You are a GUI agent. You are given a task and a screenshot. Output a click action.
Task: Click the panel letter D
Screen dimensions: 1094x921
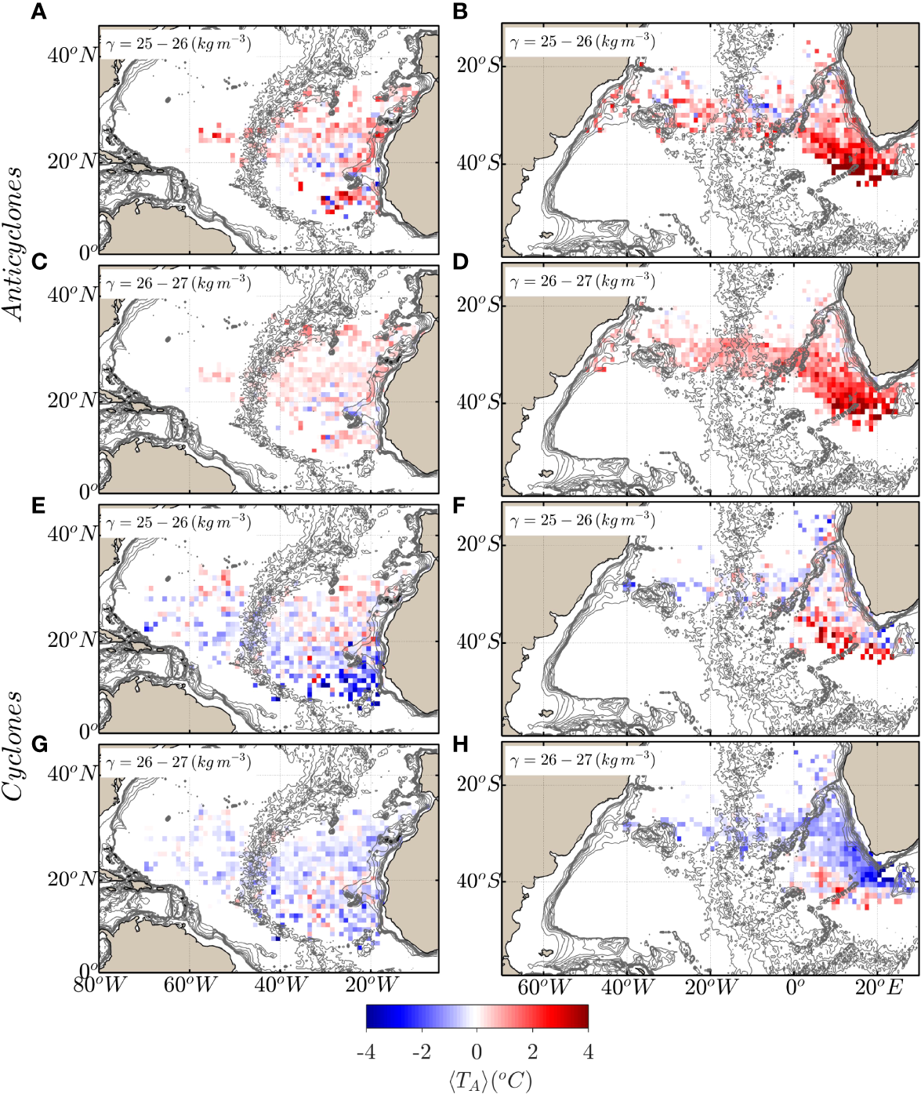click(x=461, y=260)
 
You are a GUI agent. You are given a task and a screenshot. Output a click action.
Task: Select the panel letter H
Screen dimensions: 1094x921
click(x=461, y=743)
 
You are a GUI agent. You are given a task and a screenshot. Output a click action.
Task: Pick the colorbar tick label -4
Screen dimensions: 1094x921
click(x=366, y=1051)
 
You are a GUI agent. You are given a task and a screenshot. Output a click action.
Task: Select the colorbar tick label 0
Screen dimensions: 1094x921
click(x=477, y=1051)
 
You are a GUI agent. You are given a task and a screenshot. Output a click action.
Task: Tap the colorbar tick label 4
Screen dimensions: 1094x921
click(x=588, y=1051)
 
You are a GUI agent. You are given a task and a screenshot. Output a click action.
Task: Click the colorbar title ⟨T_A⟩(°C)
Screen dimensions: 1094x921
click(x=477, y=1081)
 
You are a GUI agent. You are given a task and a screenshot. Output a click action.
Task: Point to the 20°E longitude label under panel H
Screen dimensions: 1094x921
click(x=879, y=987)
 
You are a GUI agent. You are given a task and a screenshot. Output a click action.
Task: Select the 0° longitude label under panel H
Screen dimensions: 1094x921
click(x=796, y=985)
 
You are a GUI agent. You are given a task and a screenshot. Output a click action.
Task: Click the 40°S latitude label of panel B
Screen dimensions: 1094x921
click(x=479, y=163)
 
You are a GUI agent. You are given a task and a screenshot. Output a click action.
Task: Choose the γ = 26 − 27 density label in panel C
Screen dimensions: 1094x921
click(x=179, y=282)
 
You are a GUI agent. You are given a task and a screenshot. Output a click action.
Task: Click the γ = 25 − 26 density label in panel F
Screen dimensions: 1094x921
click(x=582, y=520)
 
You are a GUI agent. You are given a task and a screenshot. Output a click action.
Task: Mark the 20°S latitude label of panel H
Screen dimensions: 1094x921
click(x=479, y=784)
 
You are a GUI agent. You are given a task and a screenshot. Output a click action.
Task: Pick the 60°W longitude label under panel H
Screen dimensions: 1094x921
click(x=542, y=987)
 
